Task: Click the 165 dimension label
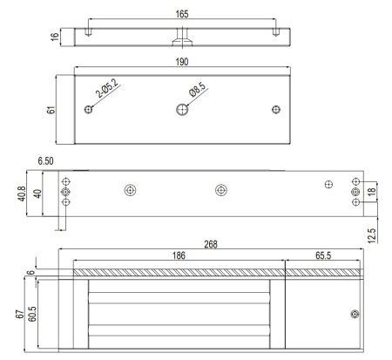(182, 14)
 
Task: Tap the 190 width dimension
(182, 62)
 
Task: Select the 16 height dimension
(55, 37)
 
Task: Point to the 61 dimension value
(51, 110)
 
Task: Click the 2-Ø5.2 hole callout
(107, 88)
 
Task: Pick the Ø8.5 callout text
(198, 89)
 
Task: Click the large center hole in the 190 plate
(182, 110)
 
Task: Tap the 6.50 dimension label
(45, 160)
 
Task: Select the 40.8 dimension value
(23, 194)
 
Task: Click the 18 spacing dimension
(372, 192)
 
